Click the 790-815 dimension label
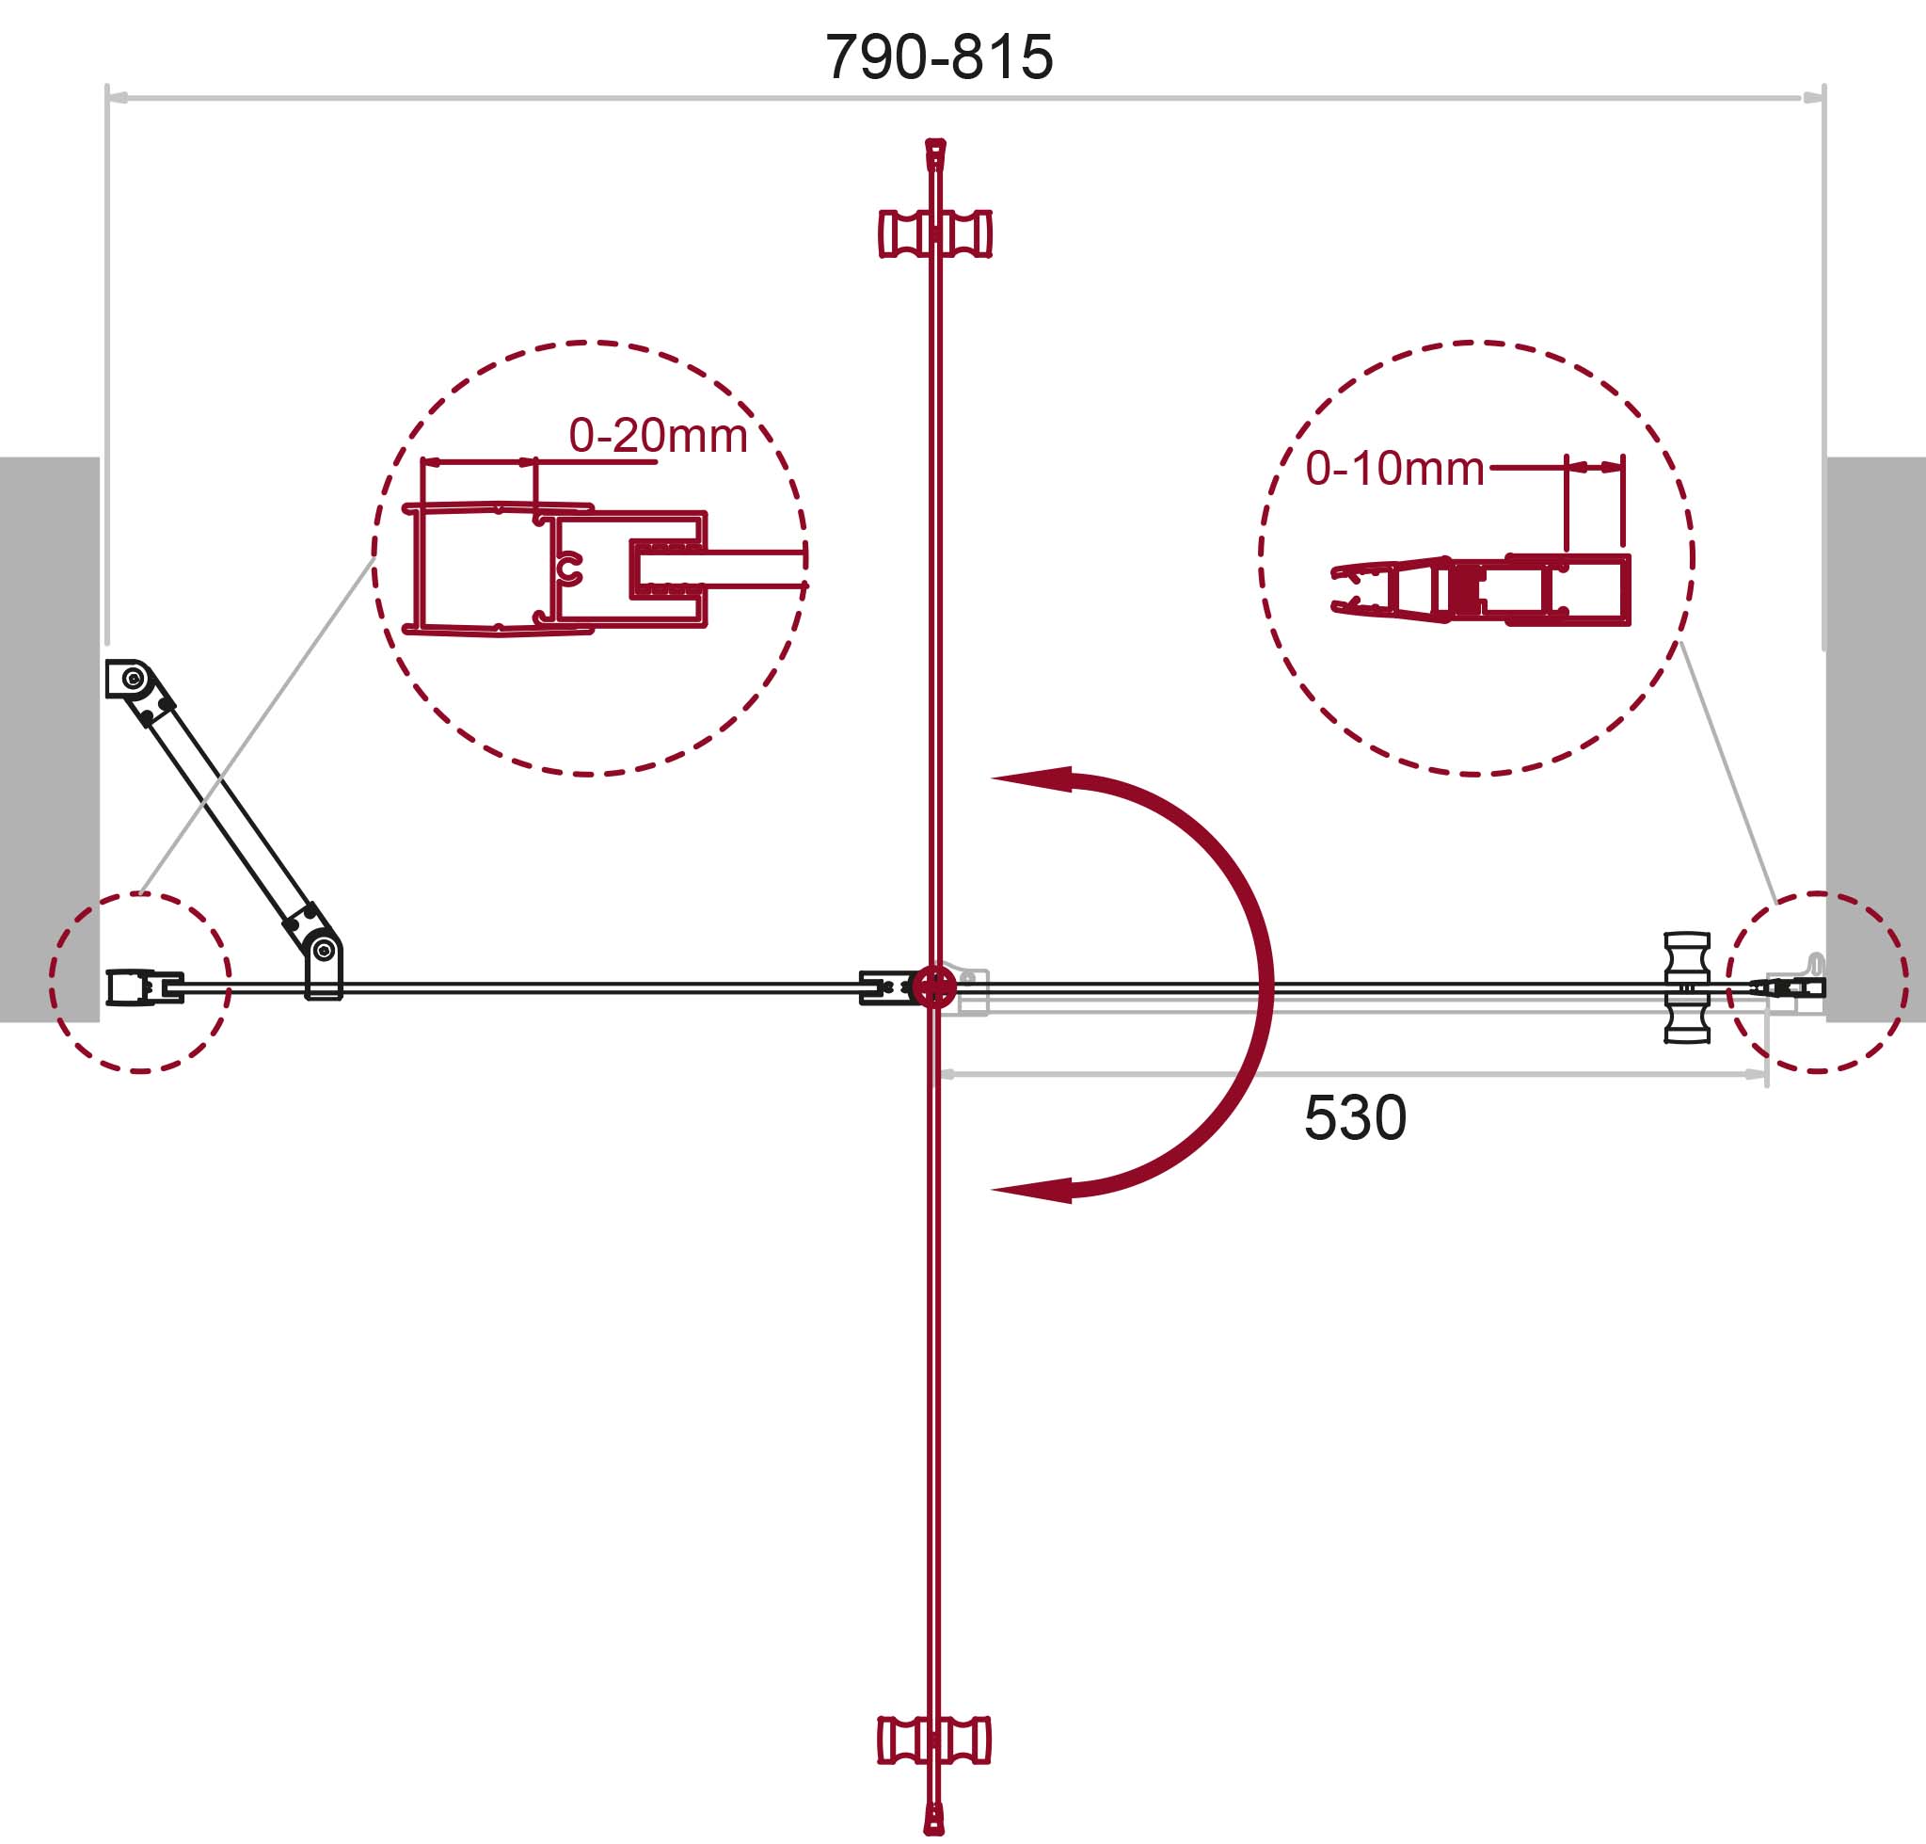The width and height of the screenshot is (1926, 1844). click(938, 57)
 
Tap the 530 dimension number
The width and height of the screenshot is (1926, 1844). click(1355, 1117)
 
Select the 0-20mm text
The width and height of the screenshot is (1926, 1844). click(659, 436)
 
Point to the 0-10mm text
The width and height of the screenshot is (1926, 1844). click(1394, 469)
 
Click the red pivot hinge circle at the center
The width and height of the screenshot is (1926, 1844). click(933, 987)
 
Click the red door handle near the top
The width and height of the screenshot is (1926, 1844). click(934, 234)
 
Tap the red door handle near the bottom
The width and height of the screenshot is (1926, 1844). click(934, 1740)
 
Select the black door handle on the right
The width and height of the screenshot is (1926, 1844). click(1687, 986)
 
